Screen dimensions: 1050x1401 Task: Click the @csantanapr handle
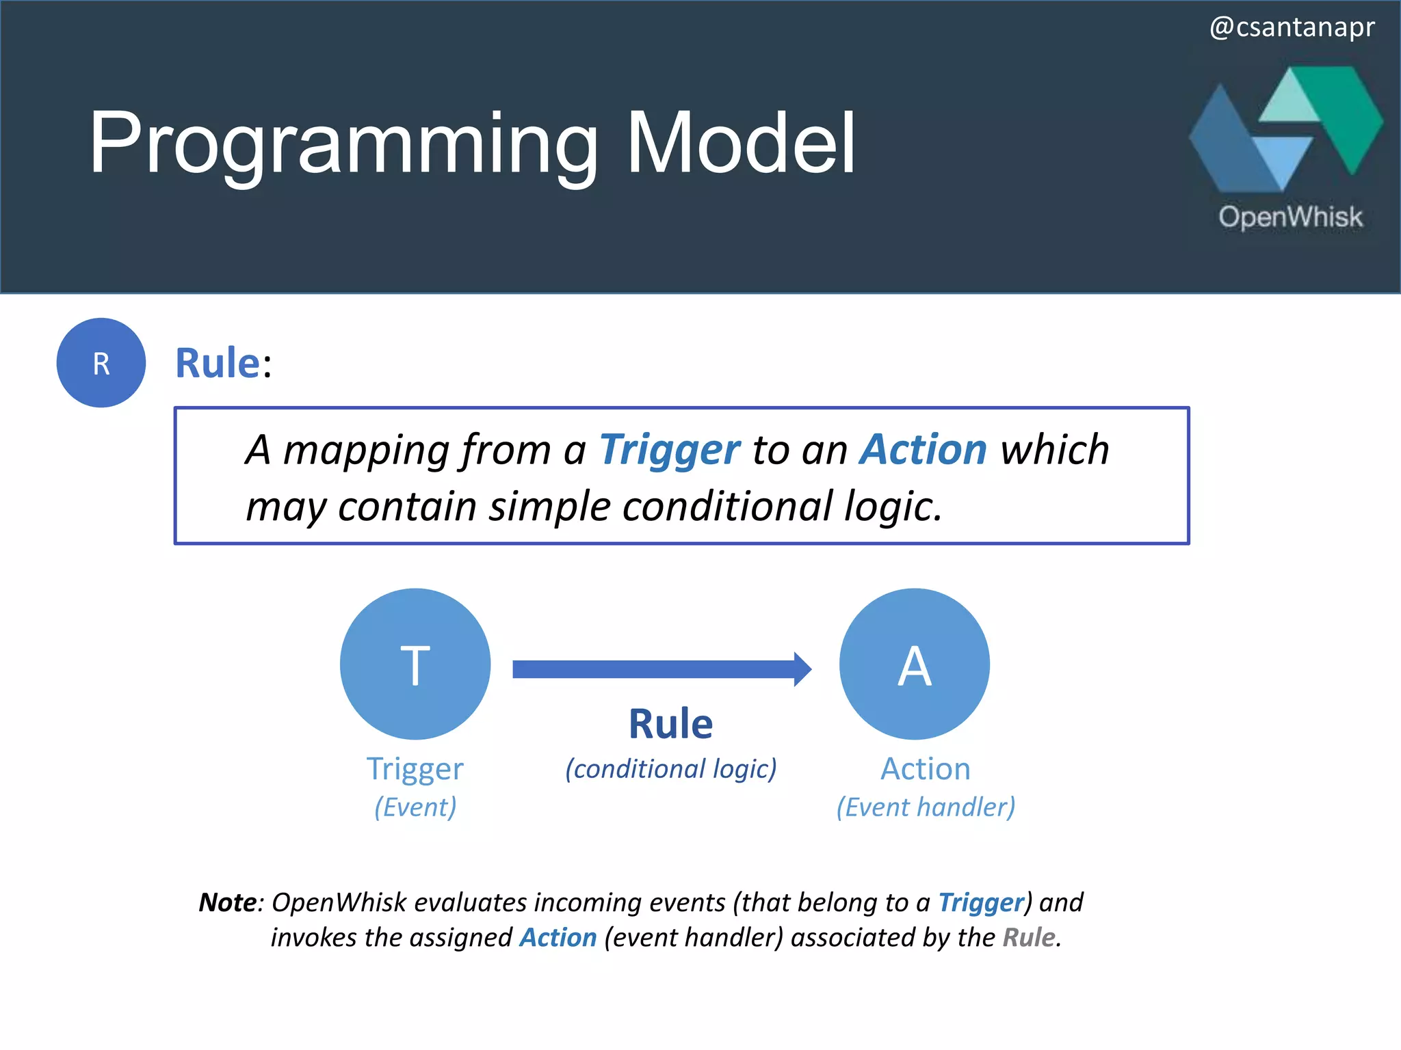pos(1292,27)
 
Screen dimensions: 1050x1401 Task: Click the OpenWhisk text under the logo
pos(1290,217)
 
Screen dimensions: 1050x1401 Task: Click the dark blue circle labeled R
pos(101,363)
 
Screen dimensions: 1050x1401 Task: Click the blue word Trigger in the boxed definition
pos(669,450)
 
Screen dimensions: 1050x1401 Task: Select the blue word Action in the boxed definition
pos(924,449)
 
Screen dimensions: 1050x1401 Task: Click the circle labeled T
pos(415,664)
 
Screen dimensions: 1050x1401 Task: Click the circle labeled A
pos(915,664)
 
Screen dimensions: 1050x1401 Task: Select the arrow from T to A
pos(661,669)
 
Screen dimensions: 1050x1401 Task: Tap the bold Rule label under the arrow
pos(670,724)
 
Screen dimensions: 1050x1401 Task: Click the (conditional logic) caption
pos(670,769)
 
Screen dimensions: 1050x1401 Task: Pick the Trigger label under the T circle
pos(415,769)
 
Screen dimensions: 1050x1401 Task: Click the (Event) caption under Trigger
pos(415,807)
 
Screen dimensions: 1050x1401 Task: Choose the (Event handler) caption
pos(926,807)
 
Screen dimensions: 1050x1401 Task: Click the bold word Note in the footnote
pos(227,902)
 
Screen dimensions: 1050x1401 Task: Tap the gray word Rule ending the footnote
pos(1029,937)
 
